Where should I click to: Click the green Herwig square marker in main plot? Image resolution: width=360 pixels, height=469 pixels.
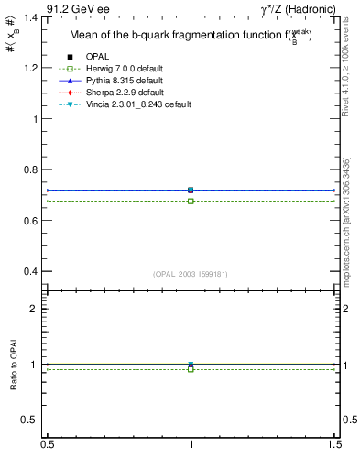(x=191, y=201)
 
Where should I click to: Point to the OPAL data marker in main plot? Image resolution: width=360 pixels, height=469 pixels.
(x=191, y=190)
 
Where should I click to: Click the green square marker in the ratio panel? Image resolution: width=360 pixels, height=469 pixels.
(x=191, y=369)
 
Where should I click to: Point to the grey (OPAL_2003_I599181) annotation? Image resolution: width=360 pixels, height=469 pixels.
(x=191, y=274)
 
